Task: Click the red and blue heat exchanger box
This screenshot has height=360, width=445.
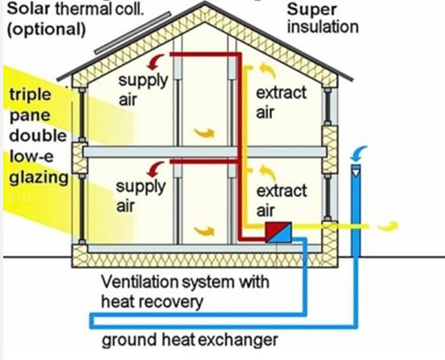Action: coord(279,232)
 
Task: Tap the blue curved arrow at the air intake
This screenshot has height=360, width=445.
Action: coord(358,153)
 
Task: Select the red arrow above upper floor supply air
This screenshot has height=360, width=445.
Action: coord(156,62)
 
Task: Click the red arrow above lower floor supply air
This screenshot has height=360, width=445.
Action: coord(156,170)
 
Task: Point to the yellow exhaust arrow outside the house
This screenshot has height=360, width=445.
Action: coord(388,225)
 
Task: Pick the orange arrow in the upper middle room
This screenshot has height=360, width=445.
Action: coord(204,132)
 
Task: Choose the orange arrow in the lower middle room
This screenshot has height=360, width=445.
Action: coord(204,231)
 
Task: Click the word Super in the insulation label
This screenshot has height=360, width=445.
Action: coord(311,10)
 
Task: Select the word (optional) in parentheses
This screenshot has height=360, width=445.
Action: coord(46,29)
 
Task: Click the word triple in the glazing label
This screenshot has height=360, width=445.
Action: coord(31,95)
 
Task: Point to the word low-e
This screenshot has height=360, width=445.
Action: coord(31,156)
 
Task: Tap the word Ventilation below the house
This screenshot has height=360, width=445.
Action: coord(140,282)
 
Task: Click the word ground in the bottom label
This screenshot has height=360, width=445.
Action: coord(129,340)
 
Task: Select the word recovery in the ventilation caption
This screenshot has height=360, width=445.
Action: coord(177,302)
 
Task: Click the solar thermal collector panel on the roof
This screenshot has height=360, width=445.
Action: coord(132,33)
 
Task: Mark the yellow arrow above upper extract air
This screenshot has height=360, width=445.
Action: coord(267,71)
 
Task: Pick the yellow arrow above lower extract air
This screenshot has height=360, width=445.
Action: coord(267,173)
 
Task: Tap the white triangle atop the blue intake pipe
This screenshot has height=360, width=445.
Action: coord(356,172)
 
